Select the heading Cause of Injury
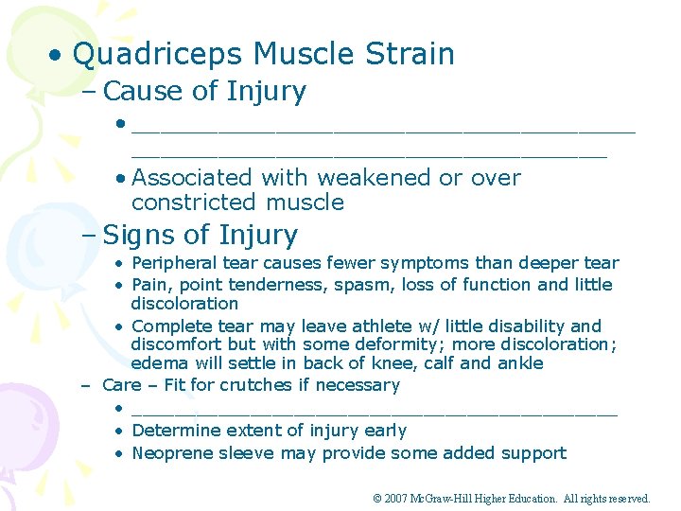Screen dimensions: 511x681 tap(204, 92)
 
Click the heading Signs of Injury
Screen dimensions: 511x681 tap(200, 235)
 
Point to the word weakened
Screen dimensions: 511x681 tap(375, 178)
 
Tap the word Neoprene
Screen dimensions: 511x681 tap(171, 453)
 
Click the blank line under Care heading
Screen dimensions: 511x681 tap(374, 410)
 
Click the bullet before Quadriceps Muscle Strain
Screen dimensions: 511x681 tap(58, 55)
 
